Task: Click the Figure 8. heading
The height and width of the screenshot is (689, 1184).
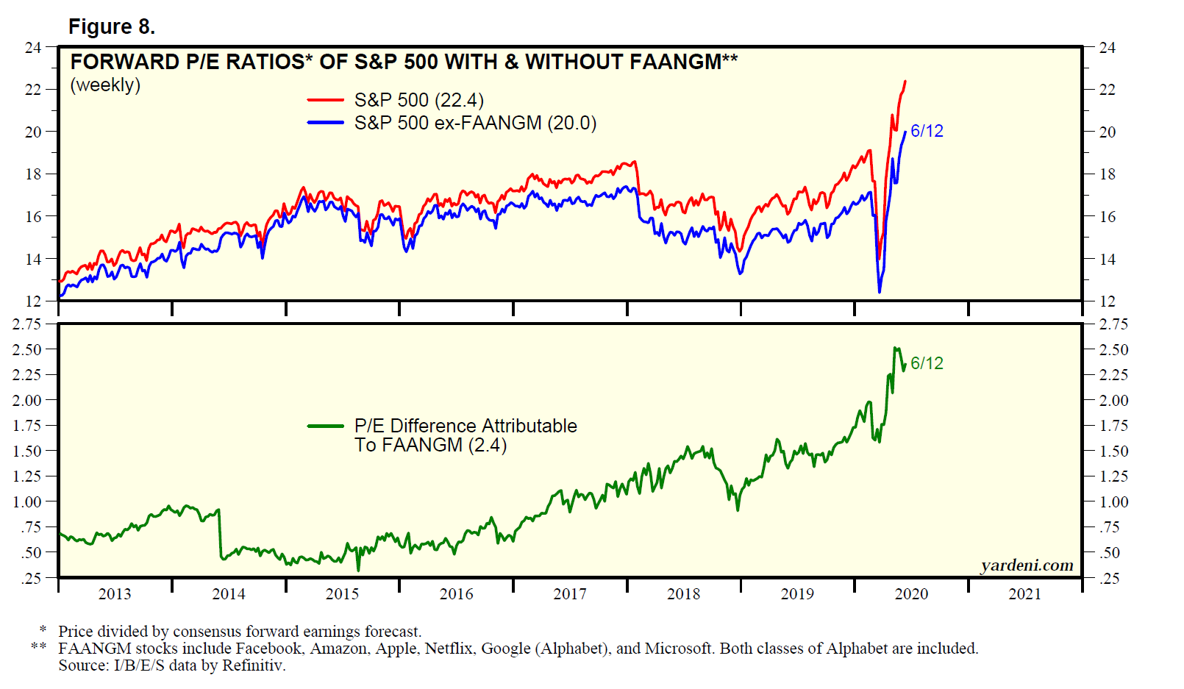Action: (x=111, y=27)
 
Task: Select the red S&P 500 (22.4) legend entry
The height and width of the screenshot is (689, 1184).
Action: (x=418, y=100)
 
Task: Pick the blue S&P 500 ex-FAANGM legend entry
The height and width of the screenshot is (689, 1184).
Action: (x=474, y=123)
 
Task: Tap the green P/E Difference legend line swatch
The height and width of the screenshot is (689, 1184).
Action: (x=325, y=426)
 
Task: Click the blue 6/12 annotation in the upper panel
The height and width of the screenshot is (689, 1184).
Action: (x=927, y=131)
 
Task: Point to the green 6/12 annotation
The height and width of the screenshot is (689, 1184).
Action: (x=927, y=363)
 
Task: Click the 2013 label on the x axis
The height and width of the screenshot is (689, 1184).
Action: (x=115, y=594)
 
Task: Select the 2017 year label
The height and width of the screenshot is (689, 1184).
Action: (x=570, y=594)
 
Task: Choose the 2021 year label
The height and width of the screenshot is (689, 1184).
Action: (x=1024, y=594)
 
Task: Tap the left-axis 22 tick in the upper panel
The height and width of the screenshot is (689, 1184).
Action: (x=33, y=90)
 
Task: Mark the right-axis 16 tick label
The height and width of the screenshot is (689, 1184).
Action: (x=1107, y=217)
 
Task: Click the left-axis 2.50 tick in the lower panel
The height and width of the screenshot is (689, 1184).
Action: (x=27, y=349)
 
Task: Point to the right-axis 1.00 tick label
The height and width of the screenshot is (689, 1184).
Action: (x=1113, y=502)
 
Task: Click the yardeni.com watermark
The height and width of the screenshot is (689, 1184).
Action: (x=1027, y=565)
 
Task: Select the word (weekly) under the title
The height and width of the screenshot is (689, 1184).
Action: (x=105, y=85)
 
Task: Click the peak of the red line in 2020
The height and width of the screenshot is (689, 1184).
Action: (x=905, y=82)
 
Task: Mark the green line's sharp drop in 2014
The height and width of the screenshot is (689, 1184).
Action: (x=220, y=533)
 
